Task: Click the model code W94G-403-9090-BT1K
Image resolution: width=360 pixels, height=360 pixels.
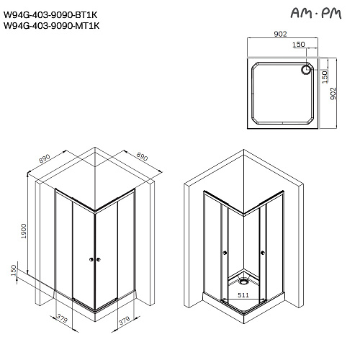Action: [x=50, y=13]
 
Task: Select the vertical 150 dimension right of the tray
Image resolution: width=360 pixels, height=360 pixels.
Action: [x=325, y=76]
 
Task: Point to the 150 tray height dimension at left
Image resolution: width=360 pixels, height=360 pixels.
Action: [x=12, y=271]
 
